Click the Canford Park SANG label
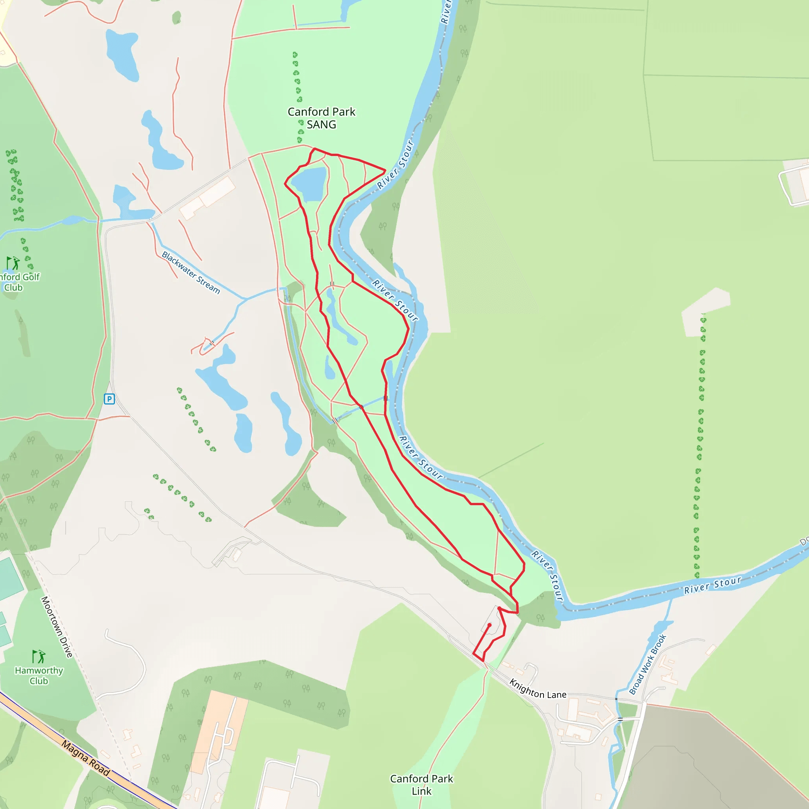[321, 118]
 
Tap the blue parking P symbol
[109, 399]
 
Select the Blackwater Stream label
[191, 273]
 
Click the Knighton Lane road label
[538, 689]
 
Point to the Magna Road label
[86, 758]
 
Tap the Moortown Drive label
[56, 627]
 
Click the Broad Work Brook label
[647, 664]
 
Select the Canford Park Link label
[421, 785]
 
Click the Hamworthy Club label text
[39, 675]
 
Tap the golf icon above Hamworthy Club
[39, 656]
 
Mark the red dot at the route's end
[489, 625]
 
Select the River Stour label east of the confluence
[713, 585]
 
